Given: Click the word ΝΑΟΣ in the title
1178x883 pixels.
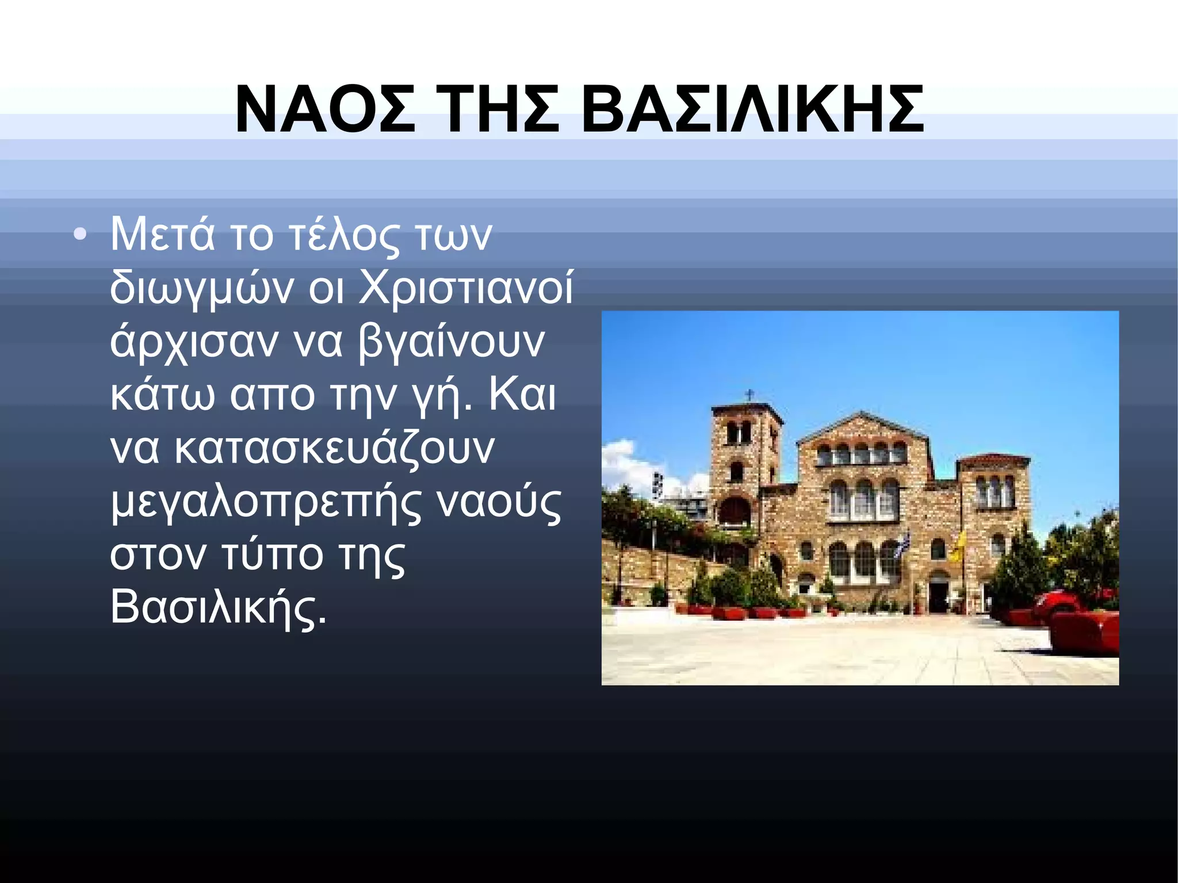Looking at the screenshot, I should pos(325,109).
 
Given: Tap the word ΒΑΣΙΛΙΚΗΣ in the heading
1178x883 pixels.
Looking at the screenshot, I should pos(752,109).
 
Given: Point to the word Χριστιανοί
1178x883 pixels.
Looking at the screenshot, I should pos(466,288).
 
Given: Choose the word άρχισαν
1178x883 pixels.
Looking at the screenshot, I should pos(194,342).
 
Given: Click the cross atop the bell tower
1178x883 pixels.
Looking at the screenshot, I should pos(749,396).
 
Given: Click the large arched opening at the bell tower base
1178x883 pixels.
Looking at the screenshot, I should pos(735,512).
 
